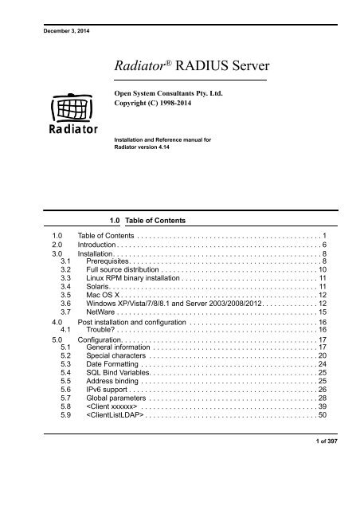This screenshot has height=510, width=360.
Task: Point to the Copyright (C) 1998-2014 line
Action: [155, 104]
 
